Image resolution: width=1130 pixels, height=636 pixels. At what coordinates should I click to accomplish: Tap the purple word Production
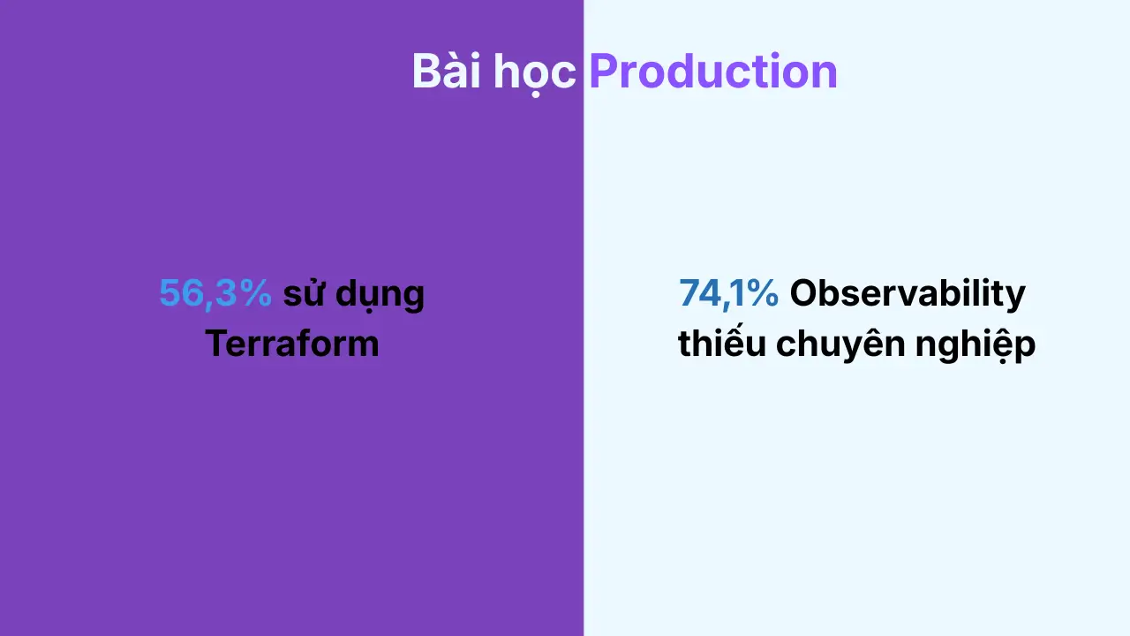(713, 71)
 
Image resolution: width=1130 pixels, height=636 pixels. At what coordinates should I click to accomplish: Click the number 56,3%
(215, 293)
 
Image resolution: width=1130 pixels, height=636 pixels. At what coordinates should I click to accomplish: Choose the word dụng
(380, 295)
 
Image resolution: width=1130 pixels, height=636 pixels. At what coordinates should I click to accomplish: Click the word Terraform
(291, 344)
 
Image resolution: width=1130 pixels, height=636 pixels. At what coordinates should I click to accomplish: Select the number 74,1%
(728, 293)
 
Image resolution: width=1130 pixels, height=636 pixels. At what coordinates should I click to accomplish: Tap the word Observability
(908, 294)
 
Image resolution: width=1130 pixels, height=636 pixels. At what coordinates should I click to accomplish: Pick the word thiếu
(722, 342)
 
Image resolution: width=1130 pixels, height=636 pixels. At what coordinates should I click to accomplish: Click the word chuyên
(840, 344)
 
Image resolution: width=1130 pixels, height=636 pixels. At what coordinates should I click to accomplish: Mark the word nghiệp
(976, 345)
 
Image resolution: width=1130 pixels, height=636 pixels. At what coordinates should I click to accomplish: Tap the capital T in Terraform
(217, 344)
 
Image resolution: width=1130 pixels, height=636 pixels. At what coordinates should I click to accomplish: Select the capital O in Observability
(805, 293)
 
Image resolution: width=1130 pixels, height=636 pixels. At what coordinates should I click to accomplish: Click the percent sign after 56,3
(256, 293)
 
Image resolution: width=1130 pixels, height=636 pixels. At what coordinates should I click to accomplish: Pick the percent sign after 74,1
(762, 293)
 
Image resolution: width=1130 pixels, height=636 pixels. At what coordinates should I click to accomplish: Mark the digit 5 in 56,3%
(169, 293)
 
